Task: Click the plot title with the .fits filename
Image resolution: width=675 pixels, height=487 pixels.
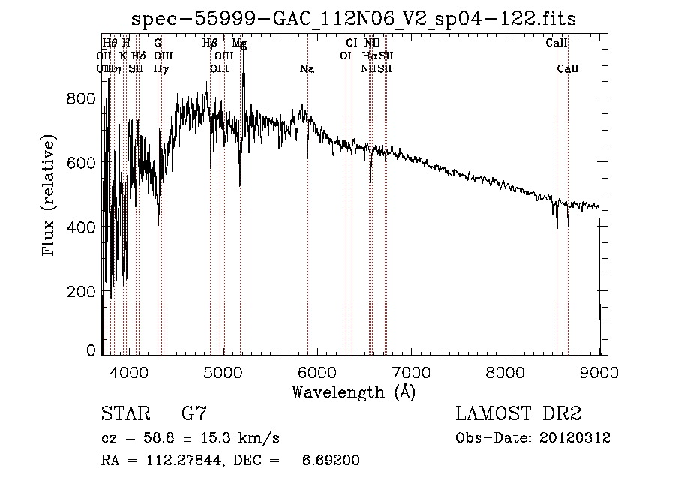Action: coord(352,19)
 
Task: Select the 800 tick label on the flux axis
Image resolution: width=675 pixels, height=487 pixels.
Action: coord(82,98)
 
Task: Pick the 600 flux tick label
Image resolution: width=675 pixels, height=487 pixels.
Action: coord(82,163)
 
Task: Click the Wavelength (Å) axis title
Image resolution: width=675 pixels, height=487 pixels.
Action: coord(353,392)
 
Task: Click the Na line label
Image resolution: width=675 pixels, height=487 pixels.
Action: coord(307,69)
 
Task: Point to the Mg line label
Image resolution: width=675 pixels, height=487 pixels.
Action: coord(239,44)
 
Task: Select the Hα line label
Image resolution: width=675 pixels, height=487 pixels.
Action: coord(370,56)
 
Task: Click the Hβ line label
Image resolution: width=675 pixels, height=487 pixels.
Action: coord(211,44)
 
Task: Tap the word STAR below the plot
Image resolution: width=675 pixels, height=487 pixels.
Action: coord(124,414)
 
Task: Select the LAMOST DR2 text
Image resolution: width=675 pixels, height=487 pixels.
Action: coord(518,414)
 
